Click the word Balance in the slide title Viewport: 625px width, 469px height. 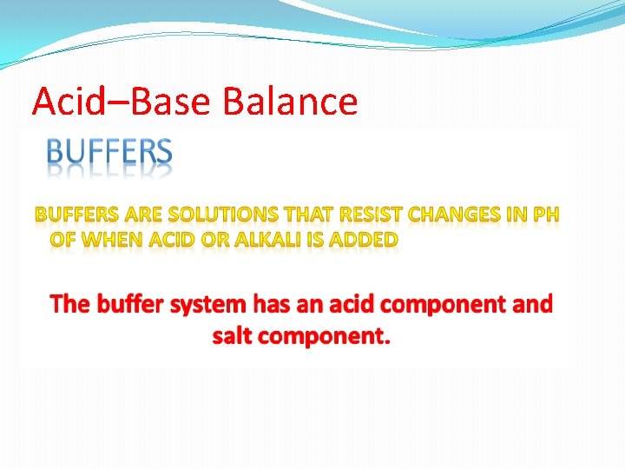coord(290,102)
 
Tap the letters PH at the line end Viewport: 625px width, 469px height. coord(547,215)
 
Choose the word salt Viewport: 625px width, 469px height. coord(231,336)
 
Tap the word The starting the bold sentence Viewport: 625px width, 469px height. coord(70,305)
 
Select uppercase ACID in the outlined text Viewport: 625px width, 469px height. coord(176,239)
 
